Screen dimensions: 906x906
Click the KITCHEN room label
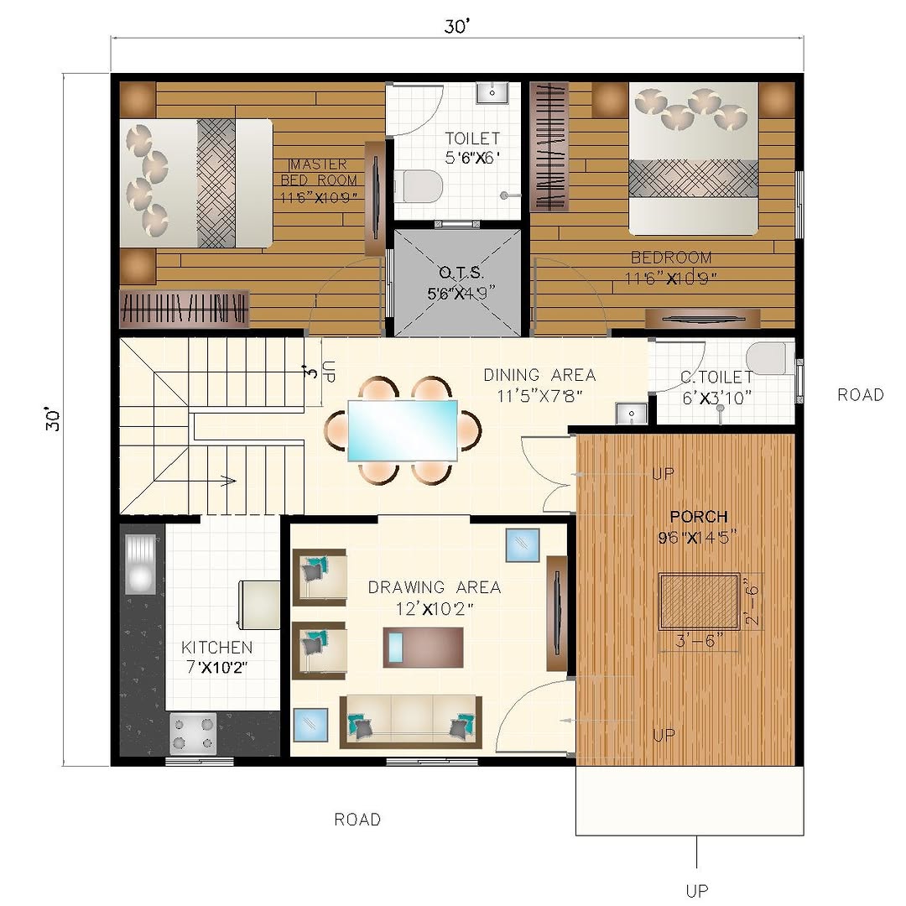click(216, 647)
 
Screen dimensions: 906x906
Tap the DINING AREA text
click(539, 376)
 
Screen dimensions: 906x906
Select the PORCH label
click(699, 517)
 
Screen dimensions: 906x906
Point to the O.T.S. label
click(461, 273)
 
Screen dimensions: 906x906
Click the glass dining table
click(403, 430)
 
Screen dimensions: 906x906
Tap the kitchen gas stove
click(193, 733)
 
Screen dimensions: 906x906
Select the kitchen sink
click(140, 564)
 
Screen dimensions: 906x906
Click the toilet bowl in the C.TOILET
click(769, 358)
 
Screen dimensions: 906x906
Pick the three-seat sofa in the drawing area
click(411, 721)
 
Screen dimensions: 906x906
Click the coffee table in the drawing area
click(424, 647)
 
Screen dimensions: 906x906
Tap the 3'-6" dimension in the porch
click(699, 640)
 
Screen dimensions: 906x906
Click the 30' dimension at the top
click(457, 27)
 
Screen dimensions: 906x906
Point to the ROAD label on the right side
click(861, 395)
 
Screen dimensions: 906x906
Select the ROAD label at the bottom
click(357, 820)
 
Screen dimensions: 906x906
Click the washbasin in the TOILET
click(492, 92)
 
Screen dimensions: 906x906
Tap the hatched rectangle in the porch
click(700, 601)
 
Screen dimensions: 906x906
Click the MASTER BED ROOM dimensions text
click(319, 197)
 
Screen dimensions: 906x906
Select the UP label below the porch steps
click(697, 890)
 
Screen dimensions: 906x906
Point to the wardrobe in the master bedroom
click(185, 309)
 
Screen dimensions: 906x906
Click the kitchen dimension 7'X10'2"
click(216, 668)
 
